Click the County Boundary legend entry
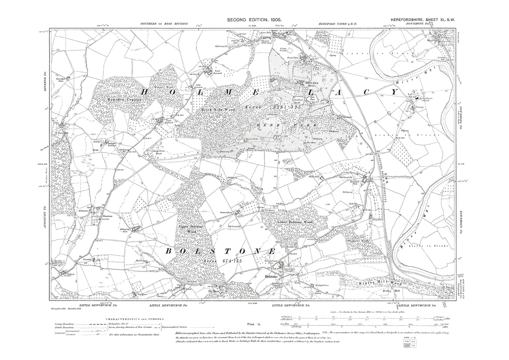coord(64,324)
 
